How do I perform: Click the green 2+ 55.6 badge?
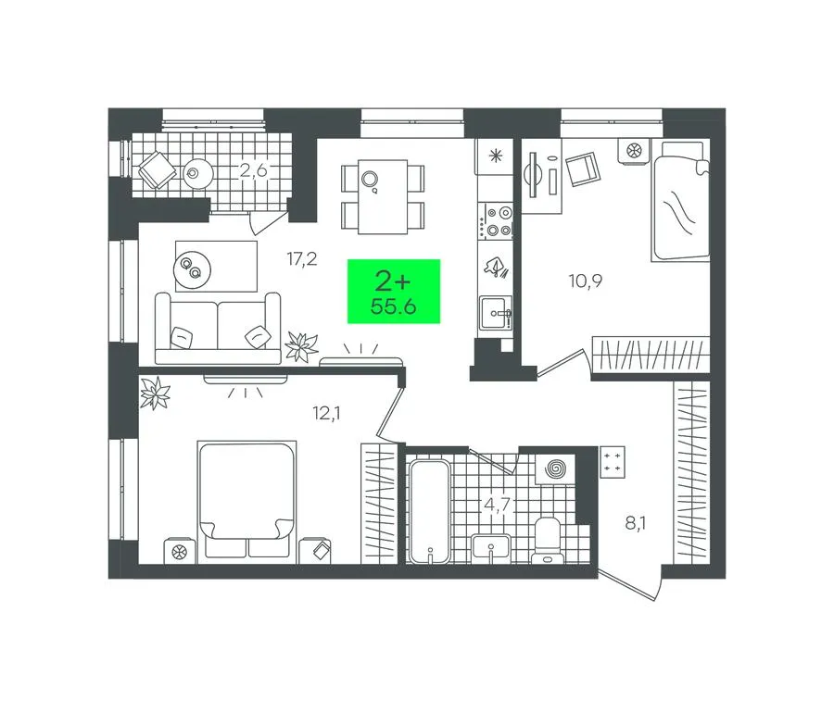[394, 291]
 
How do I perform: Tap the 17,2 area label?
[301, 259]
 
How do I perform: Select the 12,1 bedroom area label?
[326, 412]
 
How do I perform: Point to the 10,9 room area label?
[586, 281]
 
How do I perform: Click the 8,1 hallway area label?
[635, 524]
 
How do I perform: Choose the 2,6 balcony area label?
[253, 171]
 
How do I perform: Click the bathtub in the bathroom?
[429, 511]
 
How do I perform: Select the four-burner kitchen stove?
[495, 221]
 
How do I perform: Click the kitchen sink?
[496, 313]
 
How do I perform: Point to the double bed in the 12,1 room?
[246, 499]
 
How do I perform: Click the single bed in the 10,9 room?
[681, 200]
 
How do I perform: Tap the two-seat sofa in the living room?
[218, 329]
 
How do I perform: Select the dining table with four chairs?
[383, 196]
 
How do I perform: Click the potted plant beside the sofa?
[301, 346]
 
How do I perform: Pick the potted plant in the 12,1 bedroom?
[155, 393]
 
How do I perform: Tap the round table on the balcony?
[199, 173]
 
